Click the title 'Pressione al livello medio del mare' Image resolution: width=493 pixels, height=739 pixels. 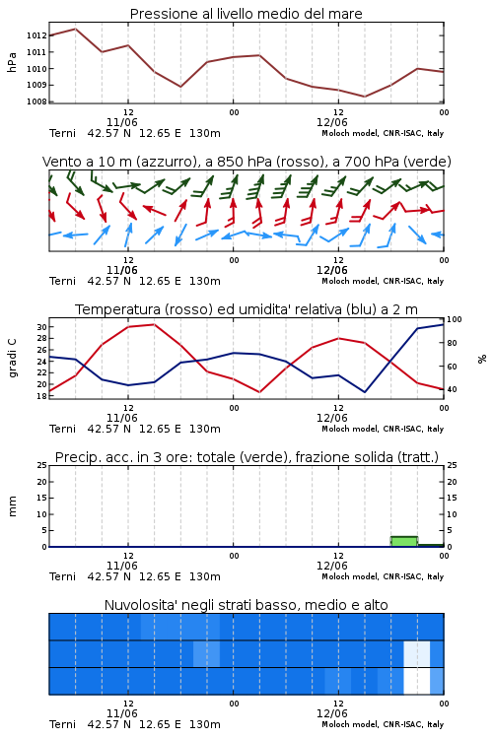[x=246, y=14]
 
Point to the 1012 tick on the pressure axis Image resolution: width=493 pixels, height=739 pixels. [x=36, y=35]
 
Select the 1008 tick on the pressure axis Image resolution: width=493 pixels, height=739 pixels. [x=36, y=101]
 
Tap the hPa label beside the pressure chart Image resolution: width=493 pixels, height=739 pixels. [x=12, y=62]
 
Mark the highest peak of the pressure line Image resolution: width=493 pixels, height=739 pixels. [x=76, y=29]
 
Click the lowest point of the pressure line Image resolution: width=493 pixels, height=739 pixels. [x=364, y=97]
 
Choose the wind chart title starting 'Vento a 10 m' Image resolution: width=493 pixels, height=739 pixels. [x=246, y=162]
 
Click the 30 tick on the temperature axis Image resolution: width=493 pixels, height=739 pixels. [x=41, y=327]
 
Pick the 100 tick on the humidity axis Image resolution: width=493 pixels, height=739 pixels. [x=455, y=319]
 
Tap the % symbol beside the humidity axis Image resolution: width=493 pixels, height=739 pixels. [x=482, y=359]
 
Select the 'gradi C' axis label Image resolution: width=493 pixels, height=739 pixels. [x=13, y=358]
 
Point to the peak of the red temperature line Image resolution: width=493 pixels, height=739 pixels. [x=154, y=324]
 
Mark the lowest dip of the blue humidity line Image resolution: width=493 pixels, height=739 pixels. [x=365, y=392]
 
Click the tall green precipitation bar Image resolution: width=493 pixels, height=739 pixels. [x=404, y=542]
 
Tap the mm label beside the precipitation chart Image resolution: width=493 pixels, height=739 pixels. [x=12, y=506]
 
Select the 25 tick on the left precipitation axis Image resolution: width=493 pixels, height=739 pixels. [x=41, y=466]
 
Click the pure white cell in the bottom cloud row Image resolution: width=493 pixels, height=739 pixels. [x=416, y=681]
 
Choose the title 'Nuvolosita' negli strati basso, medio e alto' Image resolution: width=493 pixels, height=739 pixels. [x=246, y=605]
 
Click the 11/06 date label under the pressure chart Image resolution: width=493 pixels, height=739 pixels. [x=121, y=122]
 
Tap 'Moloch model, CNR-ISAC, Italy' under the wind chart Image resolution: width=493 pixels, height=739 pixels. [x=383, y=281]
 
